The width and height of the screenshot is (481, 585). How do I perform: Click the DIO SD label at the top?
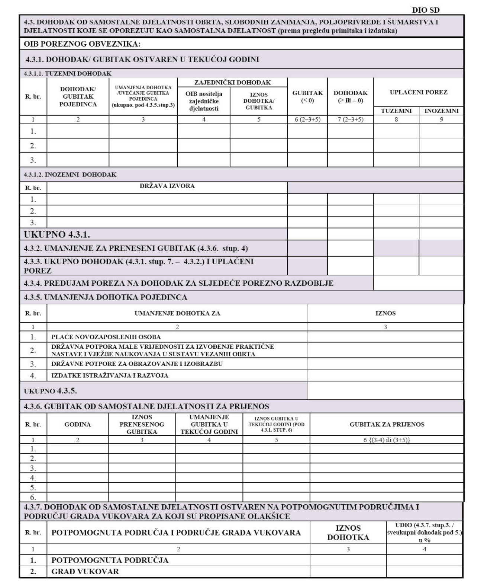point(426,10)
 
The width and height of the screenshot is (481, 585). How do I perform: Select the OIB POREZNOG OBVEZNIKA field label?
point(82,44)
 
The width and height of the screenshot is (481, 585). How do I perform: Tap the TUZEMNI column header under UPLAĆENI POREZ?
point(396,111)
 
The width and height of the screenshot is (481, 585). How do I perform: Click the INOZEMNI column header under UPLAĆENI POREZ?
point(441,111)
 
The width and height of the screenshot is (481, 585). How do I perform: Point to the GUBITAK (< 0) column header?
point(307,96)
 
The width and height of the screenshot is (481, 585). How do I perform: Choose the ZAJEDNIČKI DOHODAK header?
point(232,82)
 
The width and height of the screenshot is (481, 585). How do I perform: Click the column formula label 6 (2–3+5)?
point(307,120)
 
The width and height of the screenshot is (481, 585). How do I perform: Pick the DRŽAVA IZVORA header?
point(167,186)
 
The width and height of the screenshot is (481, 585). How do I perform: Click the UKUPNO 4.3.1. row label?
point(57,234)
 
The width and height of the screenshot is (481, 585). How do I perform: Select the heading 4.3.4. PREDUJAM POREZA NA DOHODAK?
point(178,283)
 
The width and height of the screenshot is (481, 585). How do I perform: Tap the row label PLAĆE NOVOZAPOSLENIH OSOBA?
point(106,337)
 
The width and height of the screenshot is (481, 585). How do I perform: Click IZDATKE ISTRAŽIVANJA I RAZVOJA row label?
point(110,375)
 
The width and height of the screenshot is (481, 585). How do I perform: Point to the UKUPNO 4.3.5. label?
point(50,391)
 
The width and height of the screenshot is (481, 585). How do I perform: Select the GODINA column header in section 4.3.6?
point(78,424)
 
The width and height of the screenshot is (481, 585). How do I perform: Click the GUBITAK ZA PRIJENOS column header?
point(387,424)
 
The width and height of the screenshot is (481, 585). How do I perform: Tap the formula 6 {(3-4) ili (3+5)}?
point(387,440)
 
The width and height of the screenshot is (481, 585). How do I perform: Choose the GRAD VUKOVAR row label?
point(85,572)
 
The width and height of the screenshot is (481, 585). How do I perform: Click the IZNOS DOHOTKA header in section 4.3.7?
point(348,533)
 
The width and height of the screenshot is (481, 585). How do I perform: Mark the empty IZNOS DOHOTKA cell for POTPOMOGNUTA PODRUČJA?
point(348,560)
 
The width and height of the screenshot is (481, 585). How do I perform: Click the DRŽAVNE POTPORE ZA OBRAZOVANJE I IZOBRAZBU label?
point(137,364)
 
